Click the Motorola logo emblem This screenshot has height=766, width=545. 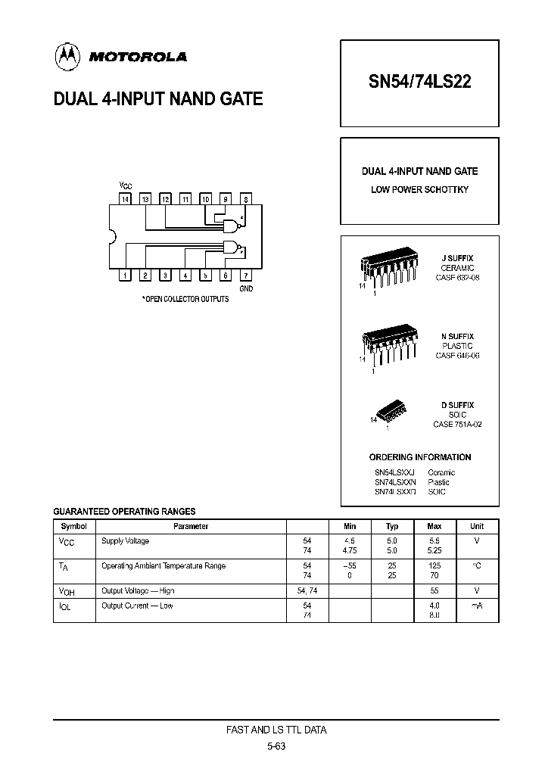coord(67,55)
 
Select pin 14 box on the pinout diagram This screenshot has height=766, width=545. coord(126,199)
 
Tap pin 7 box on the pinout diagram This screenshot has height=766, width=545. coord(245,276)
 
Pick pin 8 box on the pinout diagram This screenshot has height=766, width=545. coord(245,199)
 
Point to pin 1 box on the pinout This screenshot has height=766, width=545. coord(126,276)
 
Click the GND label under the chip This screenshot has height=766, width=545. coord(246,289)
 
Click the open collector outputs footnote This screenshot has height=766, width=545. coord(185,300)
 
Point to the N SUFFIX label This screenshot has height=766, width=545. coord(457,336)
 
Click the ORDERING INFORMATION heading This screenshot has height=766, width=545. coord(419,457)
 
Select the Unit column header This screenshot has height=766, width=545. coord(477,526)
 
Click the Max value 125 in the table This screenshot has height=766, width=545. coord(434,565)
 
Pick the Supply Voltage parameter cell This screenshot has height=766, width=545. coord(126,541)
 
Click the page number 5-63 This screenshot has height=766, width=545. coord(276,746)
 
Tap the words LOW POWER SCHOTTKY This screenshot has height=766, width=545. coord(419,189)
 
